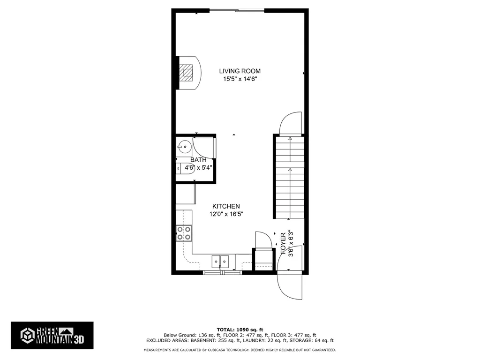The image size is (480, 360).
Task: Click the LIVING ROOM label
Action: point(240,71)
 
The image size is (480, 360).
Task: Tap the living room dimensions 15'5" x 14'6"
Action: point(240,79)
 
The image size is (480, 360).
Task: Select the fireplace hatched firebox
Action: point(186,73)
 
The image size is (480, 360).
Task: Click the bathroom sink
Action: point(184,147)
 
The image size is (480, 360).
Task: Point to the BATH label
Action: point(198,160)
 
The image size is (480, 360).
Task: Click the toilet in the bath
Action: point(186,168)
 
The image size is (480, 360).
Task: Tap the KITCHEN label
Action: point(226,206)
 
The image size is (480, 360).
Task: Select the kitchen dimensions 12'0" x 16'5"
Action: point(226,214)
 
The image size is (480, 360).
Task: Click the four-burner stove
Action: point(184,233)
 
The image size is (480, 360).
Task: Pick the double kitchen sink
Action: point(220,262)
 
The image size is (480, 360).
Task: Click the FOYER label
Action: point(283,243)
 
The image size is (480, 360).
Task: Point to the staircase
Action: point(290,178)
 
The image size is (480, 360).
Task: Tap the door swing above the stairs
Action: point(291,123)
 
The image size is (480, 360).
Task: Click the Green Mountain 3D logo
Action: point(52,336)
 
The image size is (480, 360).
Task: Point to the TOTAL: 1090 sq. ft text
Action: point(240,330)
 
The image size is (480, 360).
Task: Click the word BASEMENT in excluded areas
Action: point(202,340)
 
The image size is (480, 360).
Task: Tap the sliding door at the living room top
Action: point(237,11)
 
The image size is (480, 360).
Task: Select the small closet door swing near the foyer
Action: point(263,240)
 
